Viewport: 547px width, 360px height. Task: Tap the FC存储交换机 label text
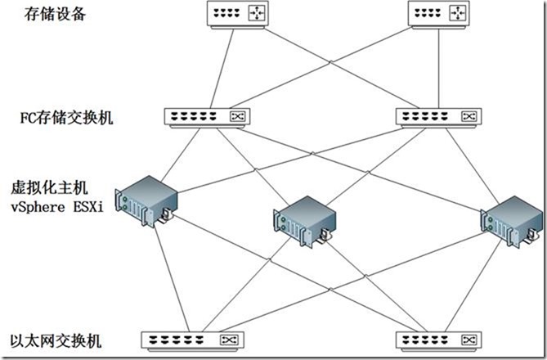pyautogui.click(x=66, y=117)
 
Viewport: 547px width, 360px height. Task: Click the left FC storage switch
pyautogui.click(x=207, y=117)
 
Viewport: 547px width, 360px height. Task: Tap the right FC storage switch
pyautogui.click(x=439, y=117)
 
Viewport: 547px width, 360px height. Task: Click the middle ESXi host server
pyautogui.click(x=304, y=222)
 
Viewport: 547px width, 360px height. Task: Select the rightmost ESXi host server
pyautogui.click(x=511, y=218)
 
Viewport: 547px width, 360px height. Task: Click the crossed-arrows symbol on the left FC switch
pyautogui.click(x=238, y=117)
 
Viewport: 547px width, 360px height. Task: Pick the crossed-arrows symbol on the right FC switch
pyautogui.click(x=470, y=117)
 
